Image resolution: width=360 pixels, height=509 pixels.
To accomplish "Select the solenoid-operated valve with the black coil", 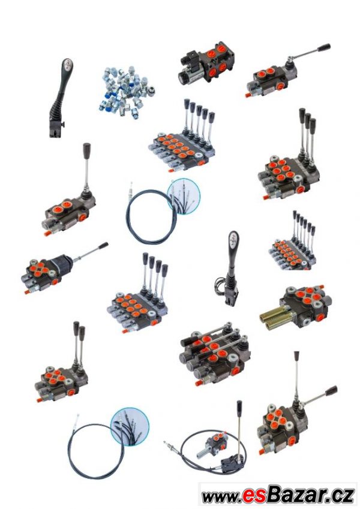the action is [x=206, y=64].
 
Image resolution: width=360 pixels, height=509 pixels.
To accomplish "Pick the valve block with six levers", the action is [x=292, y=241].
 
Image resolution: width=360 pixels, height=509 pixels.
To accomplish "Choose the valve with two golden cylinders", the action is [x=296, y=308].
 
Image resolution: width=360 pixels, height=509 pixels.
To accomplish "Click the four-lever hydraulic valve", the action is [x=138, y=293].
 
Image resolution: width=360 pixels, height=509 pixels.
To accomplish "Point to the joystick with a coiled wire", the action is [x=228, y=269].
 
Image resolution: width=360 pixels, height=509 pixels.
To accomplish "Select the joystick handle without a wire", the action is [x=61, y=98].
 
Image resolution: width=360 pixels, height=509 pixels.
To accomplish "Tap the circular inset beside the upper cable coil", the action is [x=184, y=196].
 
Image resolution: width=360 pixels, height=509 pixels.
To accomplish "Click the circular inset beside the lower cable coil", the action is [x=130, y=426].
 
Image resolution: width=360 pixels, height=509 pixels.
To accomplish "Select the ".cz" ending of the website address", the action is [x=341, y=495].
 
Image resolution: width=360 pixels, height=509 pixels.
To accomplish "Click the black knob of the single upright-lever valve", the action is [x=87, y=150].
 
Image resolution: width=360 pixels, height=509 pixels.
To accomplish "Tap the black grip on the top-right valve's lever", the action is [x=324, y=47].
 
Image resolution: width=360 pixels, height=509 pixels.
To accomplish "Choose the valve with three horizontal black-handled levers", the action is [x=215, y=353].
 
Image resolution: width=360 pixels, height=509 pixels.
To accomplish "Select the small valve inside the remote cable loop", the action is [x=211, y=444].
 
